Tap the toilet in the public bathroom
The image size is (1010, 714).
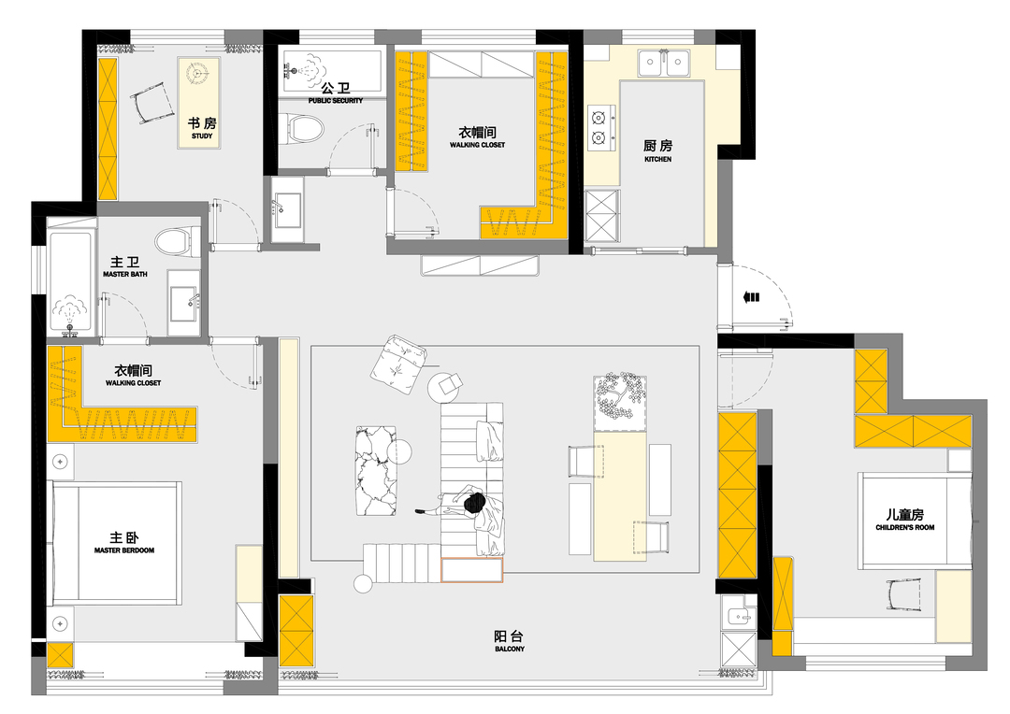[x=303, y=128]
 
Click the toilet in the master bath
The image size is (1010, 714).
[x=173, y=241]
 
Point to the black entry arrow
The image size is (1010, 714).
[x=751, y=297]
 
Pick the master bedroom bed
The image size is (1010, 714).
[x=115, y=542]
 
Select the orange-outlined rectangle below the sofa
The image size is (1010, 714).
[x=471, y=570]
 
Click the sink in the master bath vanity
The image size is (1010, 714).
[x=184, y=303]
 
